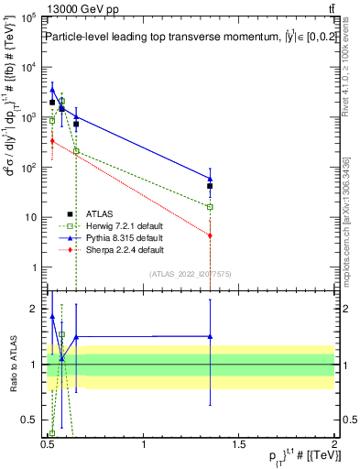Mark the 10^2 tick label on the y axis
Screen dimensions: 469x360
click(x=31, y=168)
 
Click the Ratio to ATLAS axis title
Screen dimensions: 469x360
click(x=12, y=365)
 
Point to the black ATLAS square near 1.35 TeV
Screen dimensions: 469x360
click(x=211, y=186)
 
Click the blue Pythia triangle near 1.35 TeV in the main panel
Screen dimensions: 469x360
click(x=211, y=179)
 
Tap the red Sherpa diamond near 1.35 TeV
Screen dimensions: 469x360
click(x=211, y=235)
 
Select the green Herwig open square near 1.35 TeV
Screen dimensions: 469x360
click(x=211, y=207)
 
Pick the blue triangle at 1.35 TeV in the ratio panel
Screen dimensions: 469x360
click(x=211, y=336)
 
